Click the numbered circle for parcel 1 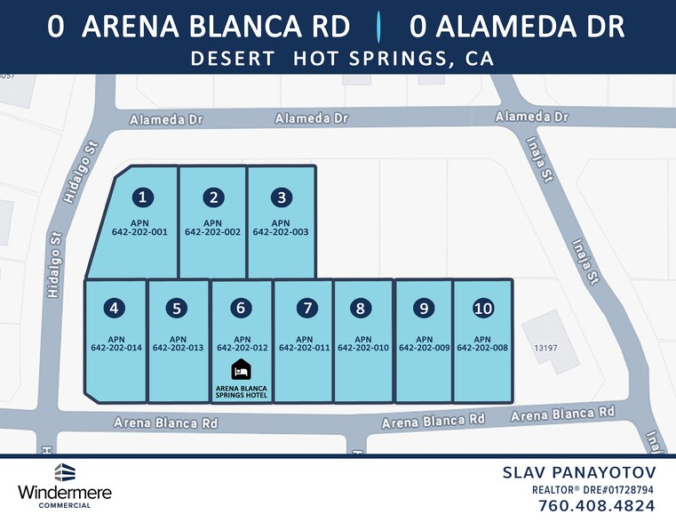pyautogui.click(x=142, y=197)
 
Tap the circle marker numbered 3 pyautogui.click(x=282, y=197)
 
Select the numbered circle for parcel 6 pyautogui.click(x=241, y=309)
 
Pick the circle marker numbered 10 pyautogui.click(x=483, y=309)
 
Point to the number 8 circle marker pyautogui.click(x=360, y=309)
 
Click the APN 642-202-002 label pyautogui.click(x=212, y=228)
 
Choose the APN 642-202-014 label pyautogui.click(x=115, y=343)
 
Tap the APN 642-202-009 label pyautogui.click(x=424, y=343)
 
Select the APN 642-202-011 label pyautogui.click(x=304, y=343)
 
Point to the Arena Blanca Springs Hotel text pyautogui.click(x=241, y=390)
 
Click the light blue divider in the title pyautogui.click(x=379, y=28)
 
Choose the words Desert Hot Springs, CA pyautogui.click(x=342, y=60)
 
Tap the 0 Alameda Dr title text pyautogui.click(x=517, y=27)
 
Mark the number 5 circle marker pyautogui.click(x=178, y=309)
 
